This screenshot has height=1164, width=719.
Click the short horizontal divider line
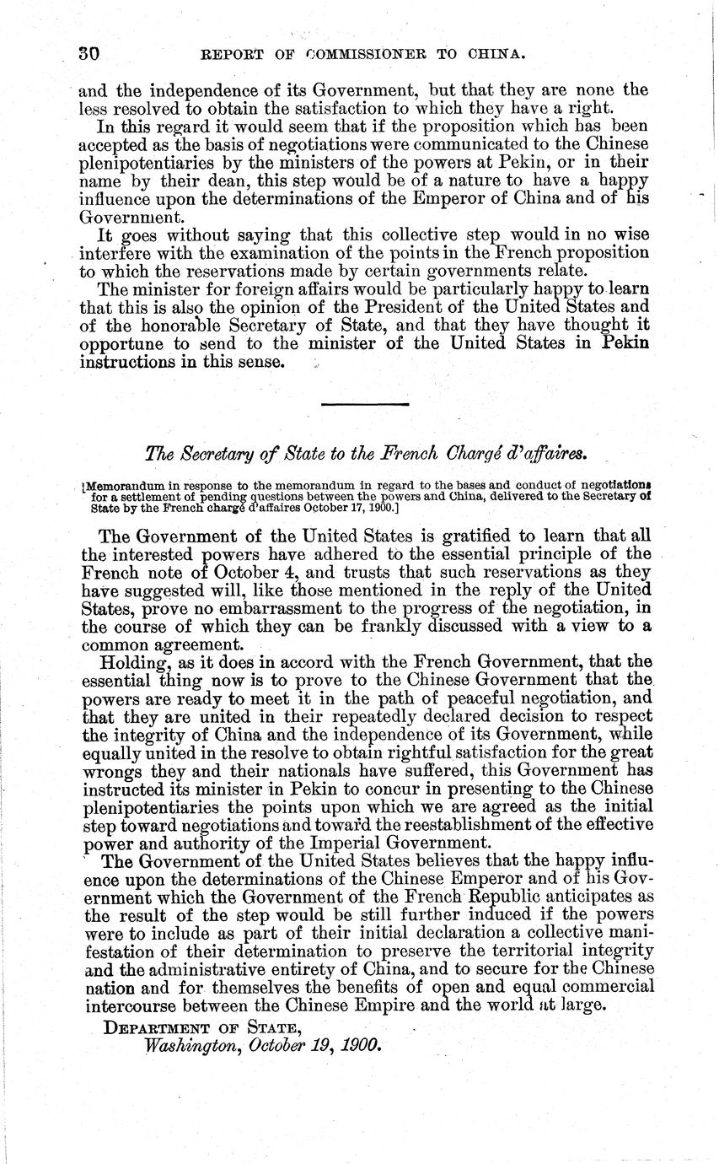click(364, 407)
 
